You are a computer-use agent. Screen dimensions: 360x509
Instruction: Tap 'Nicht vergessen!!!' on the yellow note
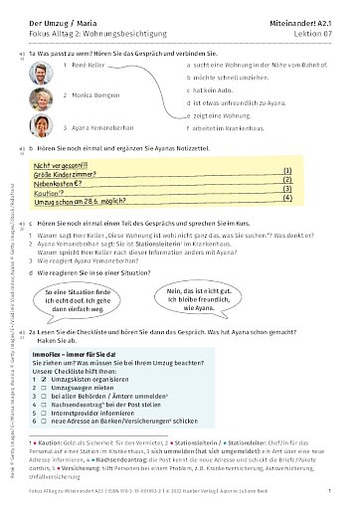[61, 166]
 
